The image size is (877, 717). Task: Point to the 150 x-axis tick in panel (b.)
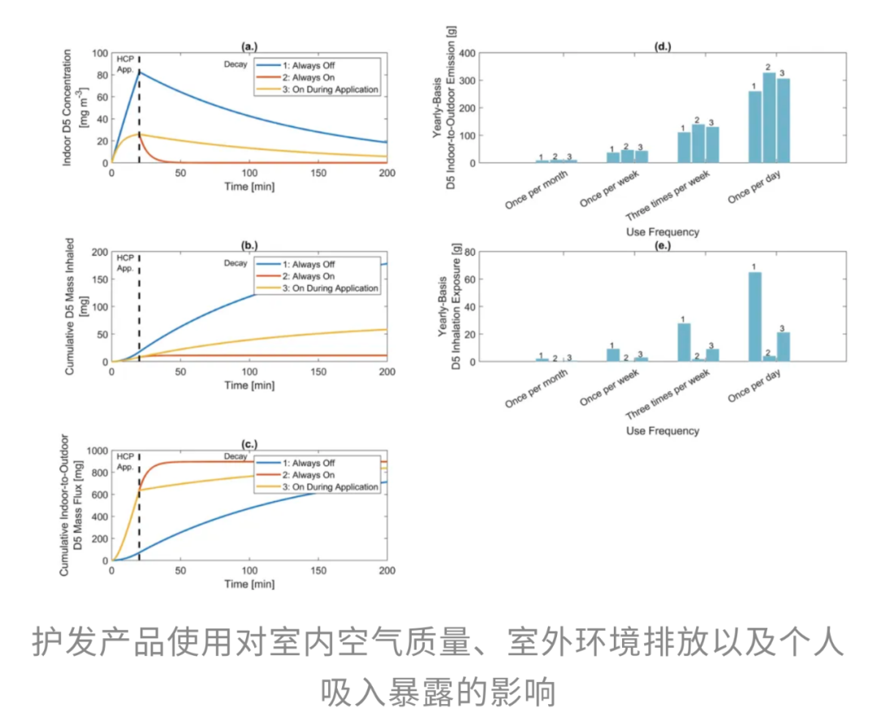click(x=318, y=372)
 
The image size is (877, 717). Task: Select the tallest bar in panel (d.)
click(x=768, y=117)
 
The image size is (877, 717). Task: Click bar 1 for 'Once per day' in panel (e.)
click(x=754, y=317)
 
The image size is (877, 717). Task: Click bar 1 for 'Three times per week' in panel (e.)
click(x=684, y=342)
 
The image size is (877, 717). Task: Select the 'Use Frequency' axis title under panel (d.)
click(x=663, y=232)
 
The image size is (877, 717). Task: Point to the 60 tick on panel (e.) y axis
click(x=469, y=279)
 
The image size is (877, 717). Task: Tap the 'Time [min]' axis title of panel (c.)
click(x=248, y=584)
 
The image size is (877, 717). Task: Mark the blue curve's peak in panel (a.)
click(x=140, y=71)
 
